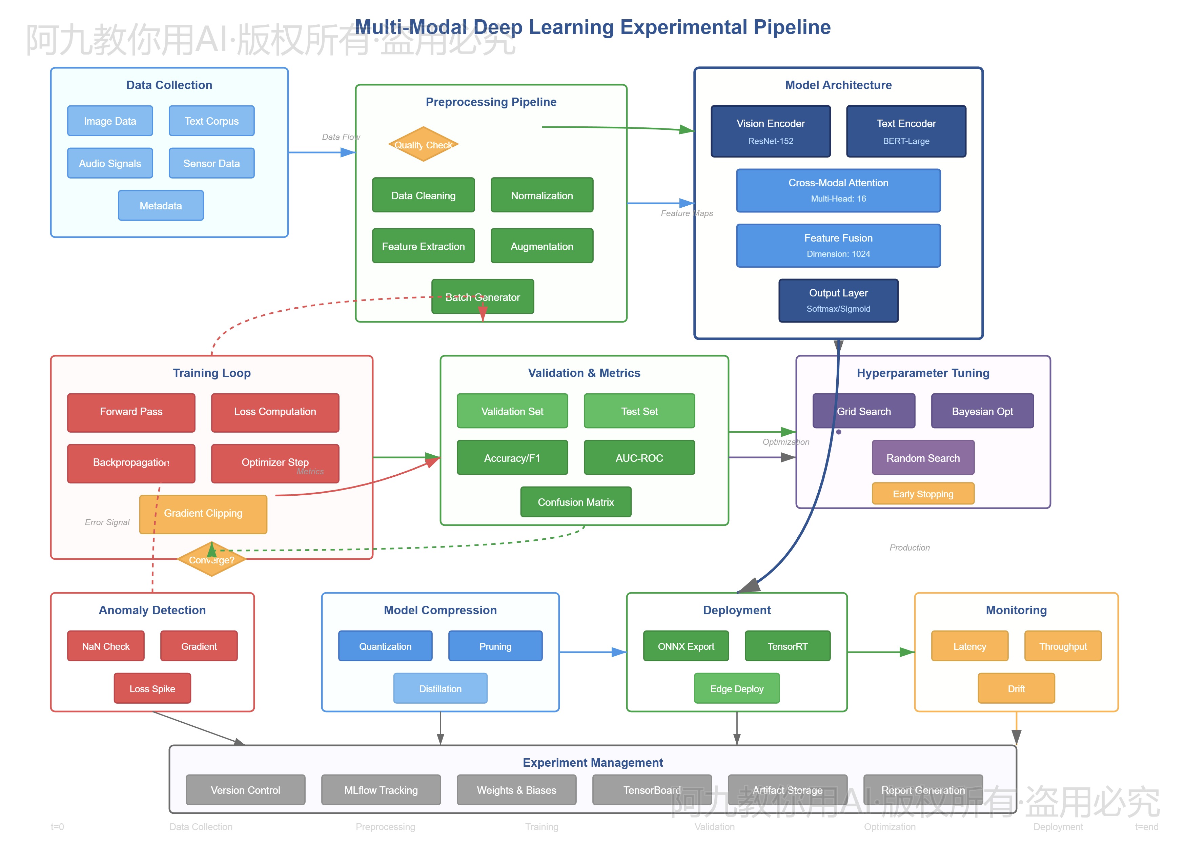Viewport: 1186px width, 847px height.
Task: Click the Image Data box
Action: coord(110,121)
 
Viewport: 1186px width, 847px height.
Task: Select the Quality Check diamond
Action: coord(423,144)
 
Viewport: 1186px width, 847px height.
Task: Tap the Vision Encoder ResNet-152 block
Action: coord(770,131)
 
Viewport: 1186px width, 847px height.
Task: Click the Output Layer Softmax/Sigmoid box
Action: coord(838,301)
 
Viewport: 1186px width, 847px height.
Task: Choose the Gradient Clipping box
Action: coord(203,514)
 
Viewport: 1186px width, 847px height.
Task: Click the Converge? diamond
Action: coord(211,560)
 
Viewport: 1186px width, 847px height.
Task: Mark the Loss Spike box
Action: coord(152,688)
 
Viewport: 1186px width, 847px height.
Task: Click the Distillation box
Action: coord(440,688)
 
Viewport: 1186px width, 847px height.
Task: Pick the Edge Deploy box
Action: coord(736,688)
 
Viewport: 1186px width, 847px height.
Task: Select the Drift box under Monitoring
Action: coord(1016,688)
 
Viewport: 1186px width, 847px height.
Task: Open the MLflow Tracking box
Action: coord(381,790)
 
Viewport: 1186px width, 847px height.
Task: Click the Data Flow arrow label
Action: coord(341,137)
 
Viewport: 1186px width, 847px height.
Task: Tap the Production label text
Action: coord(909,547)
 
